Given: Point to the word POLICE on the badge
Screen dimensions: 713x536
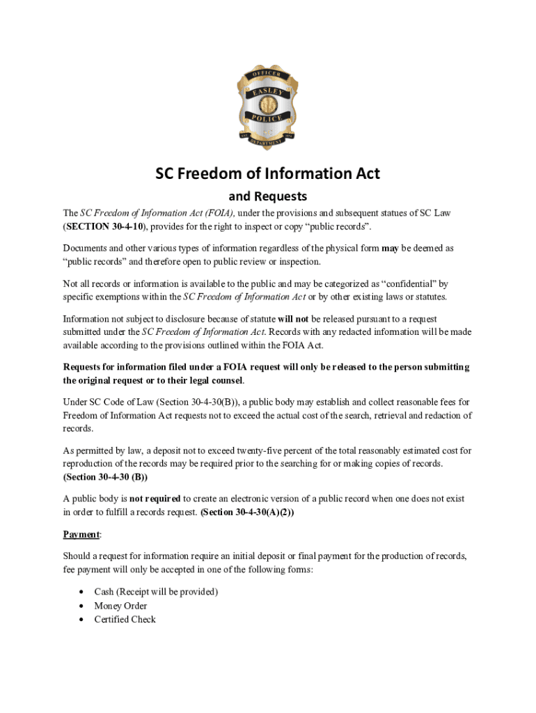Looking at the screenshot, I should (x=267, y=118).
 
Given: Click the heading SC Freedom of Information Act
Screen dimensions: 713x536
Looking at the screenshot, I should (x=267, y=173).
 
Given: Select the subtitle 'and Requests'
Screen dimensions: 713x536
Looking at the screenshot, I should (x=268, y=196).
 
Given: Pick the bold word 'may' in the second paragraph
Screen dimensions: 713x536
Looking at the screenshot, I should (x=390, y=248).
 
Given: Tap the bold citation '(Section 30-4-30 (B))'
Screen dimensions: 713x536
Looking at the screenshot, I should (x=105, y=478).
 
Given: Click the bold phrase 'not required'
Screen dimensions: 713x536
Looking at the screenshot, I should (x=155, y=499).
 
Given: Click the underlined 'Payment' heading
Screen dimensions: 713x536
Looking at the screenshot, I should (x=81, y=534).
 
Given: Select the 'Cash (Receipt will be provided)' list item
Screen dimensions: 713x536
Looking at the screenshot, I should (x=156, y=592).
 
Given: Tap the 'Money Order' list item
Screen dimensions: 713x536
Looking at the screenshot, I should (x=120, y=606).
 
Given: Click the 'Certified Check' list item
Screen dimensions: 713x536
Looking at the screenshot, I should (x=125, y=619).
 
